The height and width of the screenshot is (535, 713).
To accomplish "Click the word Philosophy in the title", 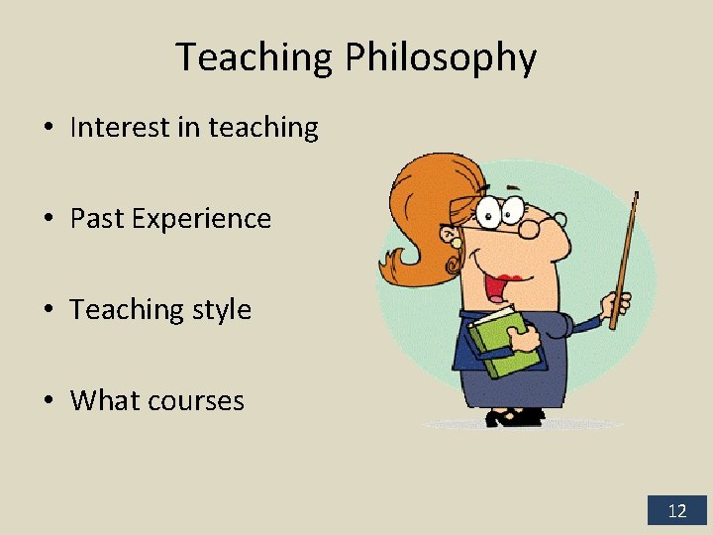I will [x=441, y=58].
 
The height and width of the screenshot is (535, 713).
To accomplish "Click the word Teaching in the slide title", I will [x=255, y=58].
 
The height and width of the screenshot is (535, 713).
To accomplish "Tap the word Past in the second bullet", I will [x=95, y=218].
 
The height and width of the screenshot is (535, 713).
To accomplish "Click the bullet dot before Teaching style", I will [x=48, y=310].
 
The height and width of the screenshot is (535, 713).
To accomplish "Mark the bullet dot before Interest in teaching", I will [x=48, y=128].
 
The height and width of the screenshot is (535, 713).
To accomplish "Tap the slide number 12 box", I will [x=677, y=511].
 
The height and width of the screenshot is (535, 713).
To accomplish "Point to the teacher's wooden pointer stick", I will [x=625, y=258].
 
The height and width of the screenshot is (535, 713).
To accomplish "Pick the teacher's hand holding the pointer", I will [x=619, y=302].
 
